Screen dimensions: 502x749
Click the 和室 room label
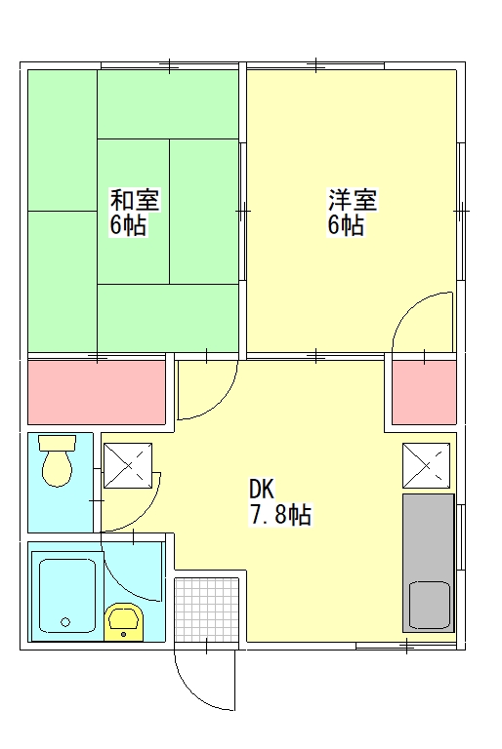point(135,200)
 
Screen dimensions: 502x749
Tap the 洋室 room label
point(353,200)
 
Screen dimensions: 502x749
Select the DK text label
point(262,490)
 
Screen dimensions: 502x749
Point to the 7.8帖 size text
point(280,515)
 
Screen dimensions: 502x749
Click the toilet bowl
point(57,469)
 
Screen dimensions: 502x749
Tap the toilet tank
point(57,443)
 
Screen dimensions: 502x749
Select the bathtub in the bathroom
point(67,595)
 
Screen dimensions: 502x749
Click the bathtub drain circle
point(65,622)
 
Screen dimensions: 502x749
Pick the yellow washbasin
point(124,621)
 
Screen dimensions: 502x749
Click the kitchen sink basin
point(430,606)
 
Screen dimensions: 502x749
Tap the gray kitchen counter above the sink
point(429,536)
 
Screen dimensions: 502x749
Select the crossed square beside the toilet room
point(128,466)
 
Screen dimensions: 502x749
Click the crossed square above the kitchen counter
point(427,466)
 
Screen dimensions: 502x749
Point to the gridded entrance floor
point(206,610)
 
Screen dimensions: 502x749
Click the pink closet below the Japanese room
point(97,392)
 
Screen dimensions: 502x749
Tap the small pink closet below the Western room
point(424,392)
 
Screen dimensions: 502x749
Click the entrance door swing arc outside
point(195,692)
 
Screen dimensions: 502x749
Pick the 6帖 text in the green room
point(128,224)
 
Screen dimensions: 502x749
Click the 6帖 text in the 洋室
point(346,224)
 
